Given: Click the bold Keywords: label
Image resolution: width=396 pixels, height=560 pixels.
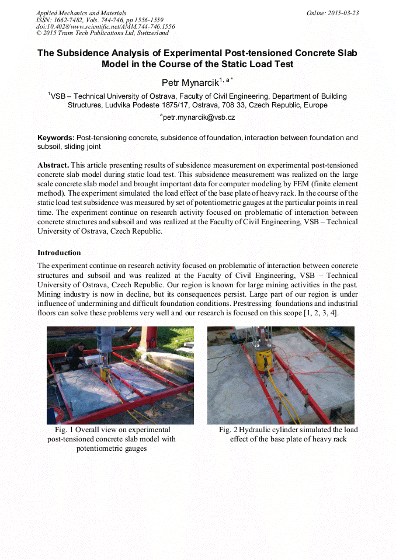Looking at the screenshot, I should click(x=56, y=138).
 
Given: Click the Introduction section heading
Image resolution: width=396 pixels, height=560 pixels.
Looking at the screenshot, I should click(x=59, y=253).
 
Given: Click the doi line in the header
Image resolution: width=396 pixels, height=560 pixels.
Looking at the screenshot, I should click(x=105, y=26).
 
